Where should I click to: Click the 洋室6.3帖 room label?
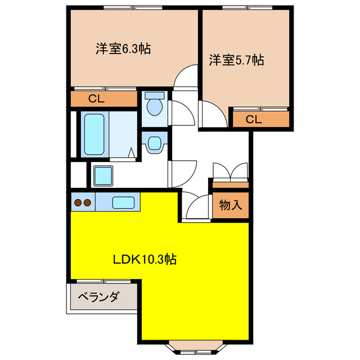click(x=122, y=49)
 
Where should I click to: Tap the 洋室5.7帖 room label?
click(x=237, y=59)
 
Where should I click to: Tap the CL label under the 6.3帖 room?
click(x=96, y=99)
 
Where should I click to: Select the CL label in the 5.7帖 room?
click(x=254, y=119)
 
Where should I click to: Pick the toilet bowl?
click(x=154, y=103)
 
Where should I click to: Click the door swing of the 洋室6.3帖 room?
click(x=186, y=78)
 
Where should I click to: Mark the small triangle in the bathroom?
click(x=131, y=152)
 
